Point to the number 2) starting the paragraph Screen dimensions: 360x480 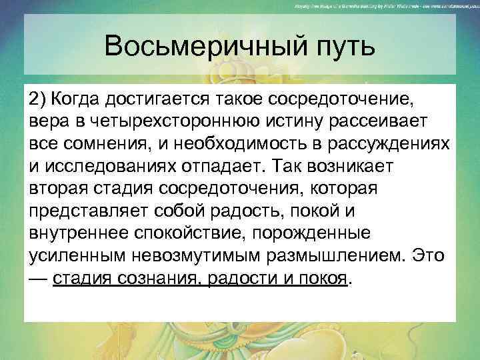(x=39, y=100)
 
